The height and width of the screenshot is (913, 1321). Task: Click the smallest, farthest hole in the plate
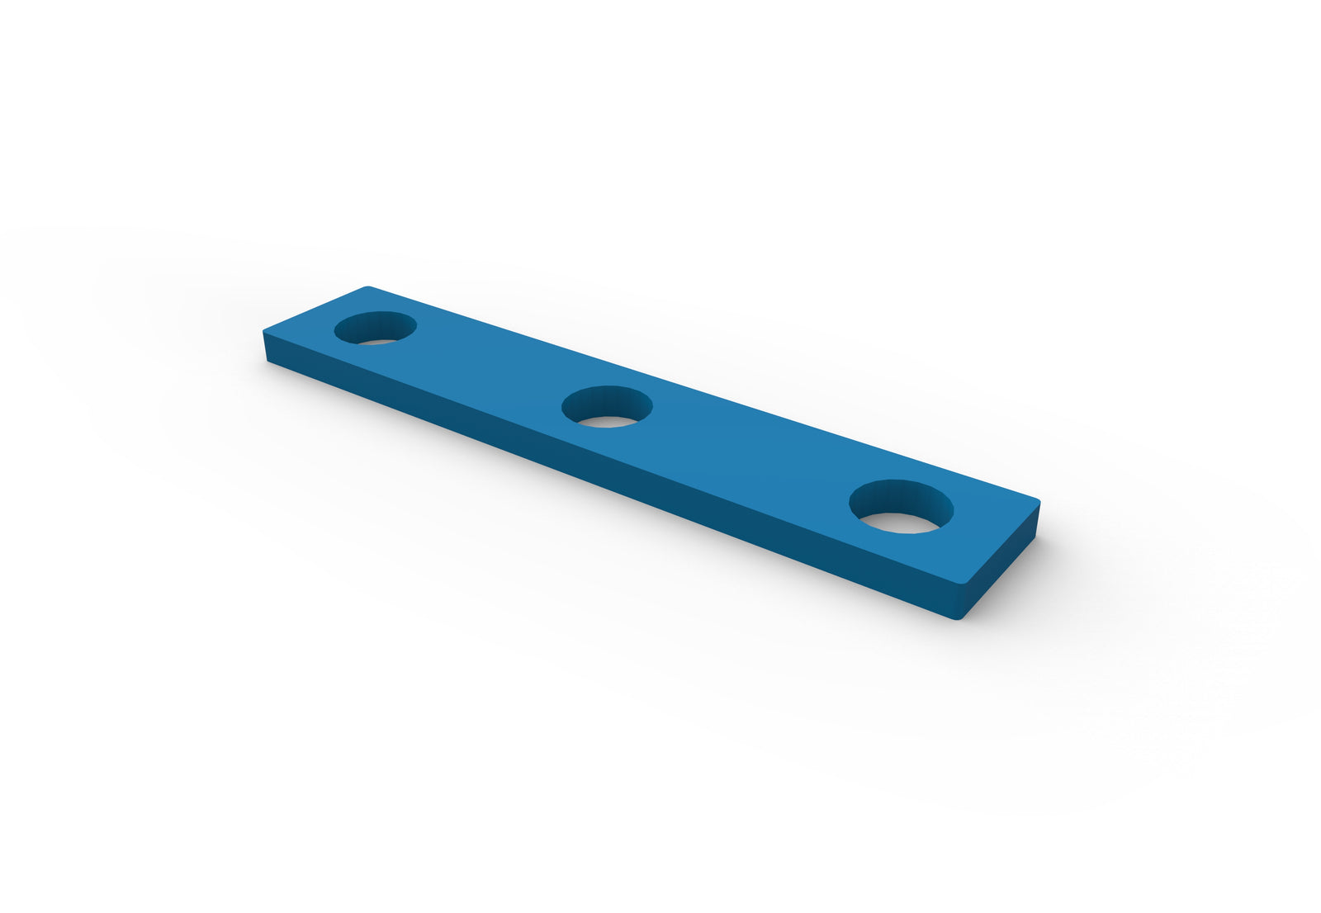[375, 328]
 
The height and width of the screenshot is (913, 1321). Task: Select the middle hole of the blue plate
[607, 406]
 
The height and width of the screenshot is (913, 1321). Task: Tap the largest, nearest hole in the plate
[902, 506]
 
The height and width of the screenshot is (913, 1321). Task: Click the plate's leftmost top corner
[264, 332]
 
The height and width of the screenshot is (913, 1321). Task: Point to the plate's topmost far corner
[368, 287]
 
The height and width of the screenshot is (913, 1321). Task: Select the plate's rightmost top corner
[1039, 500]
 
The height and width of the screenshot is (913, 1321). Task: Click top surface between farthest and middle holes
[487, 363]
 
